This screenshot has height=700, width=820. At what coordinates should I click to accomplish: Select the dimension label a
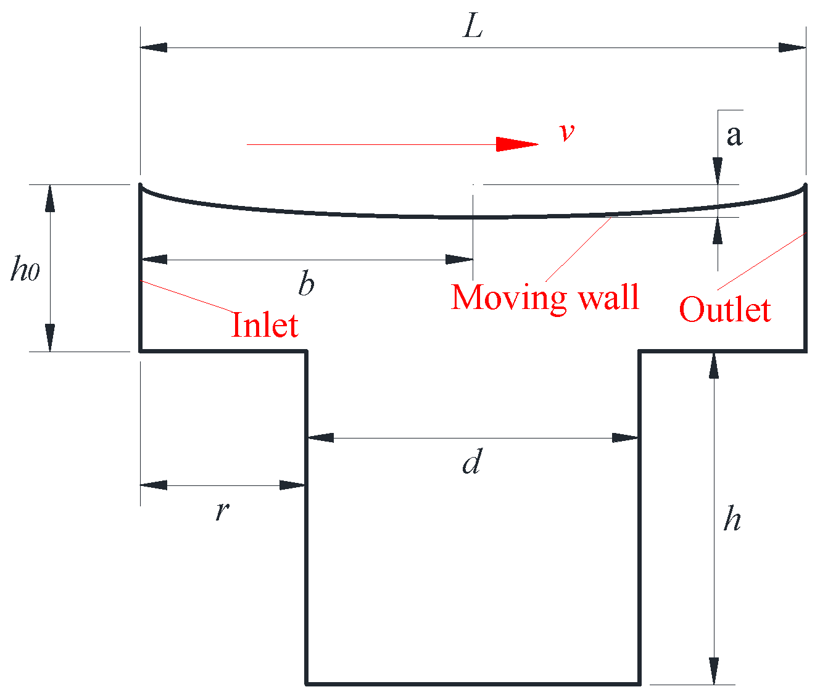tap(734, 134)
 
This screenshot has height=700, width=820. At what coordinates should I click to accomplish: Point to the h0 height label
tap(25, 270)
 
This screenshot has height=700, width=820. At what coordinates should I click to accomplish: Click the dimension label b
tap(306, 284)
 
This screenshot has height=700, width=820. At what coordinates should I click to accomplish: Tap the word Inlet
tap(265, 325)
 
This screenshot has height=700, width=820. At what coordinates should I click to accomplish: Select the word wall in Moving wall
tap(608, 298)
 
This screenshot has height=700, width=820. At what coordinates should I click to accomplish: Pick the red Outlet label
tap(725, 310)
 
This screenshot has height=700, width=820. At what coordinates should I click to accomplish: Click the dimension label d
tap(471, 462)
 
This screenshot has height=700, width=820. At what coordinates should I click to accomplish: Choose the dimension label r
tap(222, 510)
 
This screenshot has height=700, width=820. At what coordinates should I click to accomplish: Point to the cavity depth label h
tap(732, 519)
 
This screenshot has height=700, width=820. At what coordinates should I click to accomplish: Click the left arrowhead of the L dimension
tap(154, 47)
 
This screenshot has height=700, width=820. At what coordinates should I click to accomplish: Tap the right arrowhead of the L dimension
tap(792, 47)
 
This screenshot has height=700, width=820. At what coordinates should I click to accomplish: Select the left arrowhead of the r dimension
tap(154, 485)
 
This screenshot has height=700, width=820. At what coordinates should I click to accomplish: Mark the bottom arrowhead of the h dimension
tap(714, 671)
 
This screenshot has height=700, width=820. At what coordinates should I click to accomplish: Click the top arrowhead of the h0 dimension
tap(49, 198)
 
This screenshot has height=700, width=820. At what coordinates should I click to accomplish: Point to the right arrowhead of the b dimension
tap(460, 260)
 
